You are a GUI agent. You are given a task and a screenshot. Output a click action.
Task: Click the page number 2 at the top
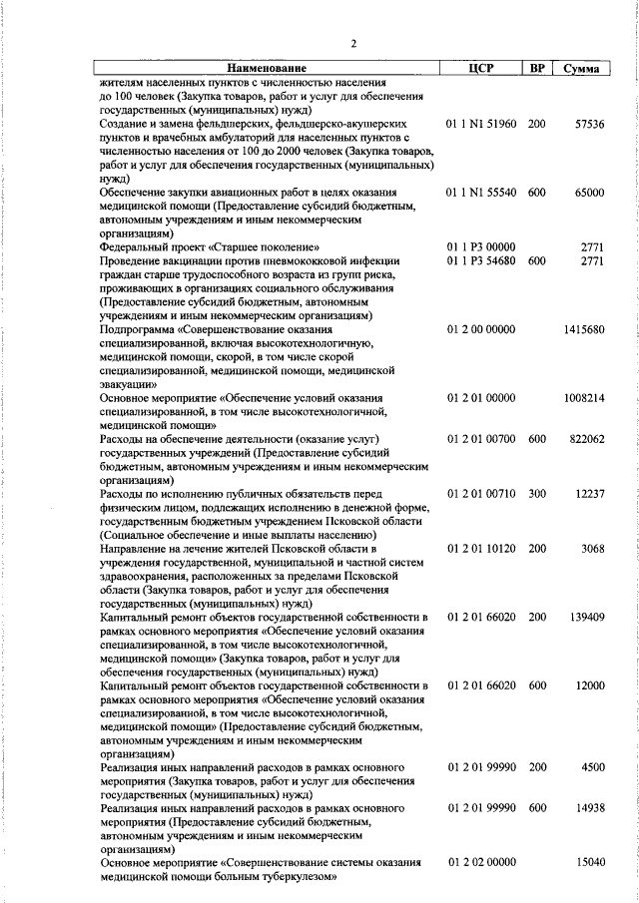[353, 43]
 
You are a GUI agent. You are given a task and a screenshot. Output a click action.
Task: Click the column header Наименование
[268, 69]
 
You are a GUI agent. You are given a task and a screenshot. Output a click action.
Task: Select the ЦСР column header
[481, 69]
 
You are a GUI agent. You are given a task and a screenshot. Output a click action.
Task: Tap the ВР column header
[537, 69]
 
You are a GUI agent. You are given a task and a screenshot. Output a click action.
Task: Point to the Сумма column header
[581, 69]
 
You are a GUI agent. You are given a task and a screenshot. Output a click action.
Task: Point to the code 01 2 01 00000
[481, 398]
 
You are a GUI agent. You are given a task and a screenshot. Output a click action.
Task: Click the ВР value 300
[537, 494]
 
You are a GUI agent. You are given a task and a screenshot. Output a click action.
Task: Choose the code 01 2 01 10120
[481, 549]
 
